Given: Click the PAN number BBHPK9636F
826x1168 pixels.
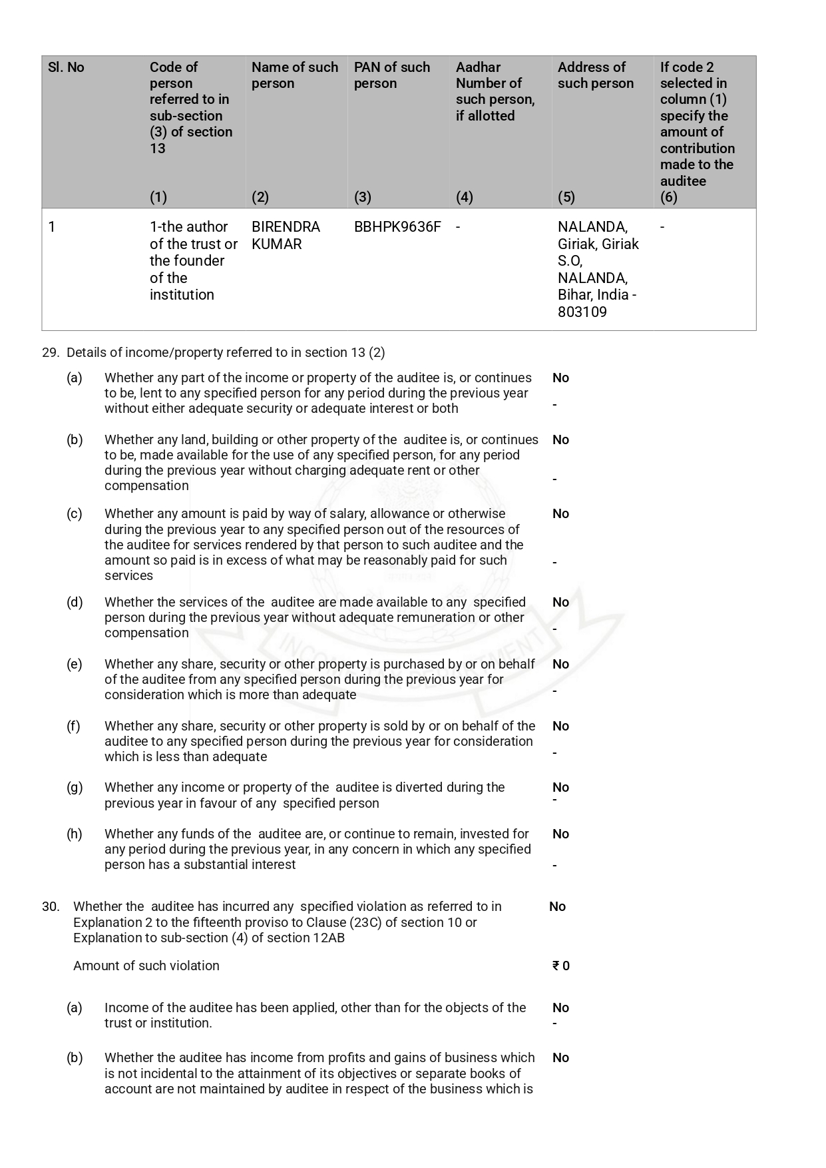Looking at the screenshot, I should (x=397, y=227).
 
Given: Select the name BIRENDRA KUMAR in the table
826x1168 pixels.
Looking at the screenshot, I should (x=286, y=236).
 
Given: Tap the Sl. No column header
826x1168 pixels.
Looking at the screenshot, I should (x=66, y=67).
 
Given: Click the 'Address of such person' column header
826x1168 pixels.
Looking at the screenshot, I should (x=595, y=75).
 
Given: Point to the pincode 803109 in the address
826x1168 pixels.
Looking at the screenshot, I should (x=582, y=312).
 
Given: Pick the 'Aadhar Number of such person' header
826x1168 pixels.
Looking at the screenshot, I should (x=495, y=91).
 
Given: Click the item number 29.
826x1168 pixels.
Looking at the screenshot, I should (x=51, y=353).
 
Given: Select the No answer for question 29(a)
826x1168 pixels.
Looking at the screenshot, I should (x=560, y=378).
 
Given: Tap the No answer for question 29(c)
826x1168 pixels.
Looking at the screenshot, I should (x=560, y=514).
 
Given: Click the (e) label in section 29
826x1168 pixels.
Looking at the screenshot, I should (x=75, y=665).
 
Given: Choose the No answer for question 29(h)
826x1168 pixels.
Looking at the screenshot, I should (x=560, y=834).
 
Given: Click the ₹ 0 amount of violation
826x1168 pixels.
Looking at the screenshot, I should (x=561, y=966).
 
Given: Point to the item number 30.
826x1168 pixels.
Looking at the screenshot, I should (x=51, y=907).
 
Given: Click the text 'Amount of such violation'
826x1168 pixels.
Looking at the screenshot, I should (x=146, y=966).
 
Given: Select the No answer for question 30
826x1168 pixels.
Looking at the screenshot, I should (x=557, y=907).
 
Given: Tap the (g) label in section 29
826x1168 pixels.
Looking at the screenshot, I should (x=75, y=788).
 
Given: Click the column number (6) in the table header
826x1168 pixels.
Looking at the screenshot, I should (x=668, y=197).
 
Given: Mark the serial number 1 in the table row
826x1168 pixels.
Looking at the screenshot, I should (x=52, y=227).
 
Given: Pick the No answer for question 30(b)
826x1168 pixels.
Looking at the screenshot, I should (x=560, y=1058).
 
